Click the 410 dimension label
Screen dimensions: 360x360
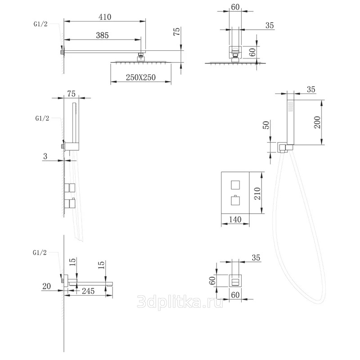click(105, 17)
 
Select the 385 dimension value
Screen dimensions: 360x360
click(102, 36)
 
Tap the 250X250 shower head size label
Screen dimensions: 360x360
click(141, 77)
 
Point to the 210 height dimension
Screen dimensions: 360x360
click(258, 193)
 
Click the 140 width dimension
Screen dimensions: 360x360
click(235, 220)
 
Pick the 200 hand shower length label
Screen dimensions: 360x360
click(317, 122)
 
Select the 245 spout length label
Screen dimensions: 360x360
click(88, 291)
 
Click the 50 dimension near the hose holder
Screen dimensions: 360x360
click(266, 125)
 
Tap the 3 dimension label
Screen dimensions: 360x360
click(45, 156)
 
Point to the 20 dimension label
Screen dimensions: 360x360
click(47, 286)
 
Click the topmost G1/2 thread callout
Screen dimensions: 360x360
click(40, 24)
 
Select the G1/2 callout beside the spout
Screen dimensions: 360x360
click(40, 252)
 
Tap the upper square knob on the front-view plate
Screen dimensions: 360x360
click(235, 185)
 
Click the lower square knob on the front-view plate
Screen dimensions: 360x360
click(235, 201)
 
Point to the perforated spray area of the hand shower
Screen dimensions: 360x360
click(290, 107)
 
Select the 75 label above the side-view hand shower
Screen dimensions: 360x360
click(72, 94)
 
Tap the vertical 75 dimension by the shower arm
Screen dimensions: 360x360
click(177, 31)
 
